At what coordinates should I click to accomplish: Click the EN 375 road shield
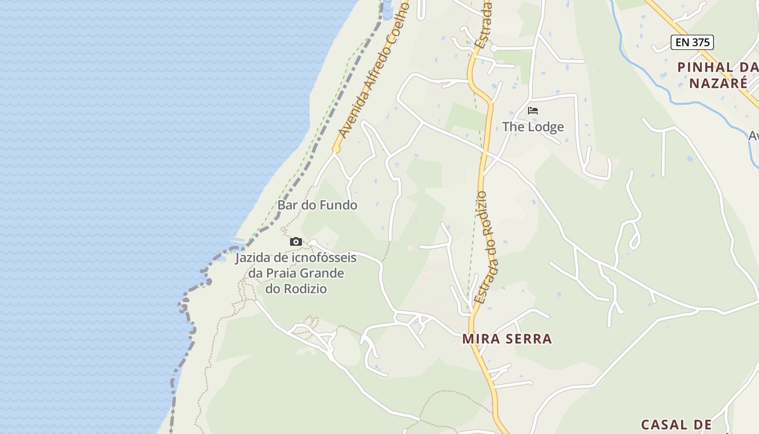(692, 42)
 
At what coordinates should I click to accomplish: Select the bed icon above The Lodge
(533, 111)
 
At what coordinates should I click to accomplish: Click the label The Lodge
(533, 127)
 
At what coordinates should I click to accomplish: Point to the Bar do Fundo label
(317, 205)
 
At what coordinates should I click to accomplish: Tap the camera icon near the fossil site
(295, 241)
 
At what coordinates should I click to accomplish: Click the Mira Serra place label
(507, 339)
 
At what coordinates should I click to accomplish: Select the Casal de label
(676, 424)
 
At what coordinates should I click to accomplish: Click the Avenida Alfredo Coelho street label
(373, 69)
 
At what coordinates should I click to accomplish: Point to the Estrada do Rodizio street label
(487, 247)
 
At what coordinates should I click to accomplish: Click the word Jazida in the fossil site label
(253, 258)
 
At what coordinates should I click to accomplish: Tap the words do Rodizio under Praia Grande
(296, 289)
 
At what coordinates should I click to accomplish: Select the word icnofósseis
(324, 258)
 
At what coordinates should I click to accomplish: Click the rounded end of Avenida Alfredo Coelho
(336, 149)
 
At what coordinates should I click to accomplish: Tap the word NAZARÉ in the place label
(718, 84)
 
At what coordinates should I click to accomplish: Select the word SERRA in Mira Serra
(527, 339)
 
